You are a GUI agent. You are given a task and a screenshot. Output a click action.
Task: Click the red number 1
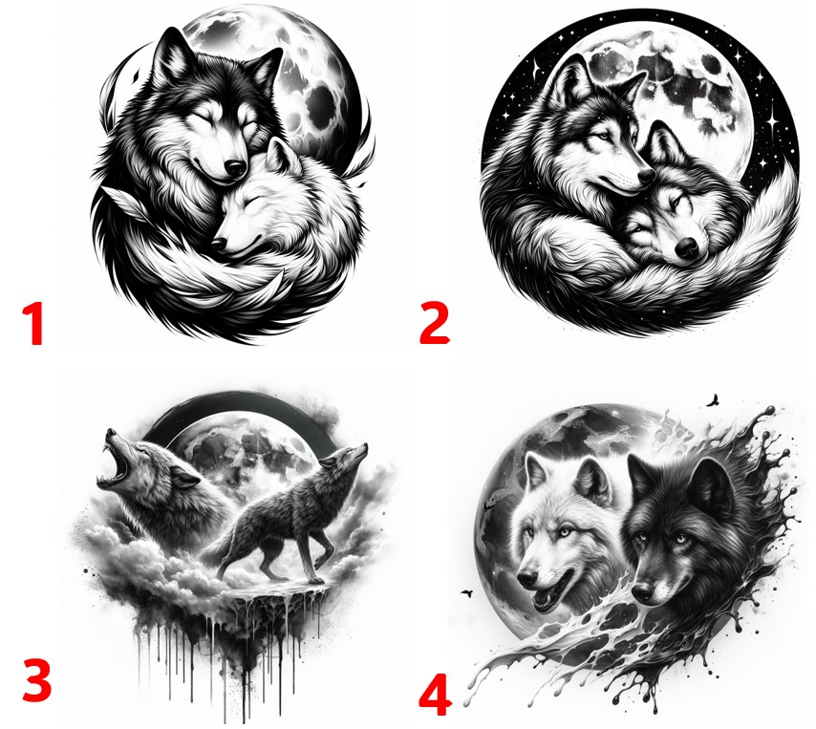click(x=33, y=324)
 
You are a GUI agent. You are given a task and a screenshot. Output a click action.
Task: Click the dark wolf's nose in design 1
click(x=235, y=167)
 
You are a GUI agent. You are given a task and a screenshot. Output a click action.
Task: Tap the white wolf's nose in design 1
click(x=219, y=244)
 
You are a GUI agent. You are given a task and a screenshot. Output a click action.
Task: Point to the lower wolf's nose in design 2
click(x=687, y=247)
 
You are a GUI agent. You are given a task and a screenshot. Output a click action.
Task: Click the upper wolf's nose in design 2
click(x=647, y=176)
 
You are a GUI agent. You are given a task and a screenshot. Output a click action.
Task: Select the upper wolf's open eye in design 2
click(x=603, y=137)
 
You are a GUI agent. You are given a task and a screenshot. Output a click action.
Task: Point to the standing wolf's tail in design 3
click(x=214, y=552)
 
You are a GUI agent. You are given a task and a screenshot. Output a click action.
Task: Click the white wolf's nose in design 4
click(x=526, y=579)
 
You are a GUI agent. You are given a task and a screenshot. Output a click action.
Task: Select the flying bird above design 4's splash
click(x=714, y=400)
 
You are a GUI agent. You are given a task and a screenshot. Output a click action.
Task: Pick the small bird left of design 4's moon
click(x=467, y=592)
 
